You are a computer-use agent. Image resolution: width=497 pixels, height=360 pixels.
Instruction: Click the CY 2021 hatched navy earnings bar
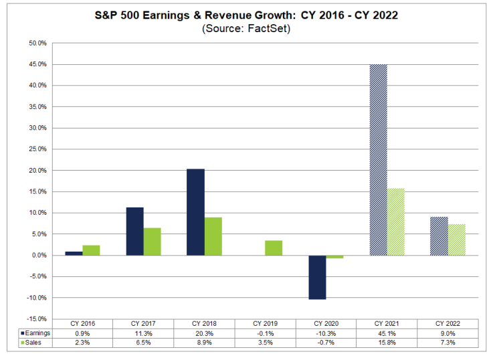click(x=379, y=160)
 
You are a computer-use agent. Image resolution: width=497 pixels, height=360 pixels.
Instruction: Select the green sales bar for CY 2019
click(x=274, y=248)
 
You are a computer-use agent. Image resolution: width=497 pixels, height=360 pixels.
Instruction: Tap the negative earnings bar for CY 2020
click(x=317, y=277)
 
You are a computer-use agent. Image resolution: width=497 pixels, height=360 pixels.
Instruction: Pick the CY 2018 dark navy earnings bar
click(x=195, y=212)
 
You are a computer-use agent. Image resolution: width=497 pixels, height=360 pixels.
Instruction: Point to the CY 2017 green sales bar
click(x=152, y=242)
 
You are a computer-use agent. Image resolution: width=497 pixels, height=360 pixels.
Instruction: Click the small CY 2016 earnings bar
click(x=74, y=254)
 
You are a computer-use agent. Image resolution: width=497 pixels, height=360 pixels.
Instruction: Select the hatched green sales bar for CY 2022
click(x=457, y=240)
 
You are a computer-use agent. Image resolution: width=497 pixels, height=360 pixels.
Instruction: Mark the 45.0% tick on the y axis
click(x=37, y=64)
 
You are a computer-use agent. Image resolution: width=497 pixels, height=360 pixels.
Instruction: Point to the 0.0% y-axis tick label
click(x=39, y=256)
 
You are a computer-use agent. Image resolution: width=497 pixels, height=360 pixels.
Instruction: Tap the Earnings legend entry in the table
click(x=35, y=333)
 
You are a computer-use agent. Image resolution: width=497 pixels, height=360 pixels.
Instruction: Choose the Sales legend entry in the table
click(x=31, y=343)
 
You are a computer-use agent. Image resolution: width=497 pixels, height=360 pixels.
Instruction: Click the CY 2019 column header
click(x=266, y=323)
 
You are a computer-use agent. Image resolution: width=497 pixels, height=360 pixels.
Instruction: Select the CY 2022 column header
click(x=448, y=323)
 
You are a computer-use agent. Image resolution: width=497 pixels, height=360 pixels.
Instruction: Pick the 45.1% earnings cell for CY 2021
click(x=387, y=334)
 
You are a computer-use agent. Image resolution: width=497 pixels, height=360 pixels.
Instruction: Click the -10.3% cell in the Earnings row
click(x=326, y=334)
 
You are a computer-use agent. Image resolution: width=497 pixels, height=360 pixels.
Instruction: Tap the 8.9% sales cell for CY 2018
click(x=205, y=343)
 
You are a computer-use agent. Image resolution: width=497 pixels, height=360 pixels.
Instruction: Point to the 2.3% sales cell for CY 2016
click(x=82, y=343)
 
